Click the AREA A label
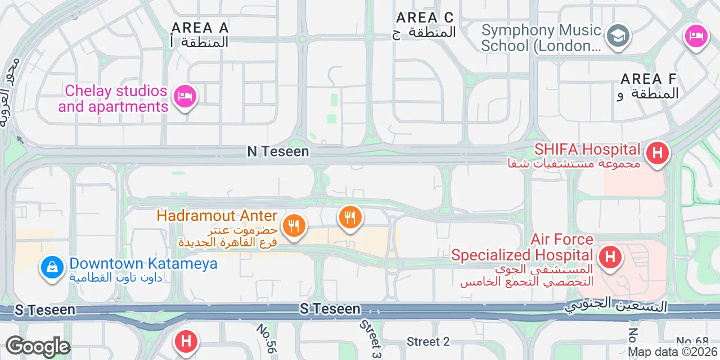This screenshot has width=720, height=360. [x=200, y=28]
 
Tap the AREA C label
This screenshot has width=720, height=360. [x=425, y=18]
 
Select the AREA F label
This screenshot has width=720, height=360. [x=649, y=79]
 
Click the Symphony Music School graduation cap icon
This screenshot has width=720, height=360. [x=618, y=37]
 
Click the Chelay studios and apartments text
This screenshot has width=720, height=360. [x=116, y=98]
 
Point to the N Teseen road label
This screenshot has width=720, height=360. [x=278, y=151]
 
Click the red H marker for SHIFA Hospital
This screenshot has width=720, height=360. [x=656, y=152]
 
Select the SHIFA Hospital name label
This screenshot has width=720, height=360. [x=587, y=150]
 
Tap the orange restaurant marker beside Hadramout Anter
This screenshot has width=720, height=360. [x=293, y=226]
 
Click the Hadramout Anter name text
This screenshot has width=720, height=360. [x=217, y=215]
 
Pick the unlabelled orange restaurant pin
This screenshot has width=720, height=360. [x=350, y=217]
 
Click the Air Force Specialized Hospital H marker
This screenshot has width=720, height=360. [x=610, y=257]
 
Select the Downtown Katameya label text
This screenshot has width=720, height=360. [x=143, y=263]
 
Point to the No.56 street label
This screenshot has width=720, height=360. [x=267, y=338]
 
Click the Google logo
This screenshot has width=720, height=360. [x=38, y=347]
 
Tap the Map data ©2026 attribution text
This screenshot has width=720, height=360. [x=672, y=352]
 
